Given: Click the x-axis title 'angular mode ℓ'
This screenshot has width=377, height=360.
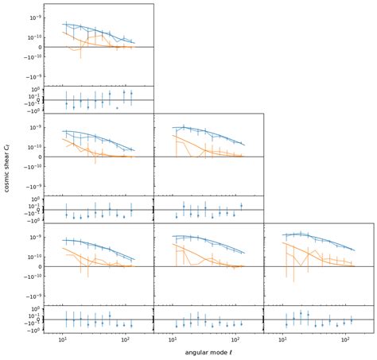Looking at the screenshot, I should [x=208, y=352].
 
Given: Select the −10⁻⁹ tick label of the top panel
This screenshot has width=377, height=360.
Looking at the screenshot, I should [x=33, y=78].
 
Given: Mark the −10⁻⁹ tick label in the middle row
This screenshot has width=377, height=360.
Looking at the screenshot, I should [x=33, y=188].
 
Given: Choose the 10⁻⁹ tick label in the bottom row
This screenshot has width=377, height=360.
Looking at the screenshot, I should [x=34, y=237].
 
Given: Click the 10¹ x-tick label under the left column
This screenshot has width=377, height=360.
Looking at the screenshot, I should [x=62, y=339].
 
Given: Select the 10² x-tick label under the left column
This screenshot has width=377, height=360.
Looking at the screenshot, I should [x=125, y=339].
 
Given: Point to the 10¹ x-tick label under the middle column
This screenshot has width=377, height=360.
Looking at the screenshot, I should [x=173, y=339].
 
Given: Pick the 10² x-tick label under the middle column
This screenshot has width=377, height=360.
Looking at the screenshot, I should [x=235, y=339].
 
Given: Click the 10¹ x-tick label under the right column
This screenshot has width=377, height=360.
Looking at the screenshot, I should [x=283, y=339].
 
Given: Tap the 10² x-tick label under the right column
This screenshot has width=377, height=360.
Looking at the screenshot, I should [x=345, y=339].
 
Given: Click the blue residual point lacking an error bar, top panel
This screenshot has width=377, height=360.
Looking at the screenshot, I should [x=117, y=106].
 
